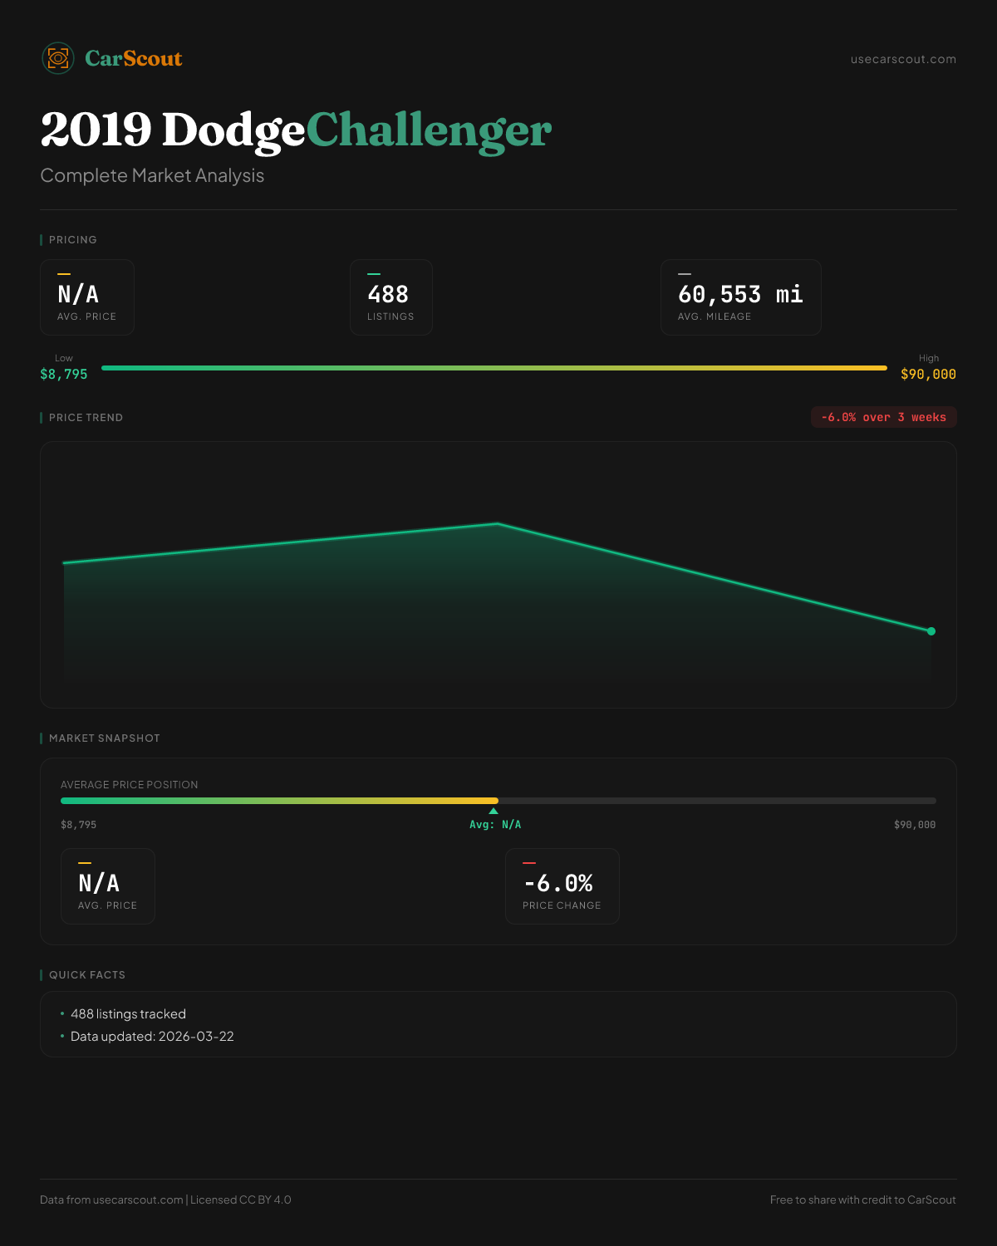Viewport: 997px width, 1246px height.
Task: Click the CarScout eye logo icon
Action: tap(58, 58)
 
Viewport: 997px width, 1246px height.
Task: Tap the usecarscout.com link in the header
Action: tap(903, 59)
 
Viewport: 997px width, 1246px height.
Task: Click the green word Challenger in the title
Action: tap(428, 130)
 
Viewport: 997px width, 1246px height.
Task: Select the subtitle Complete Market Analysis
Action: tap(152, 176)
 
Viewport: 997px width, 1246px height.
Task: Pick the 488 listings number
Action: tap(388, 295)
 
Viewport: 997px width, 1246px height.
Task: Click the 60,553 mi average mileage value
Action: tap(739, 295)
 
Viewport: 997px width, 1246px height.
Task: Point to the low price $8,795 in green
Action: tap(64, 375)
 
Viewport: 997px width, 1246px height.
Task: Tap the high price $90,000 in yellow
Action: tap(928, 375)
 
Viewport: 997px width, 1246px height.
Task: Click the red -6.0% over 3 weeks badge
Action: tap(883, 417)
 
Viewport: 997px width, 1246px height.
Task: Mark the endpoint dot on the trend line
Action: tap(931, 631)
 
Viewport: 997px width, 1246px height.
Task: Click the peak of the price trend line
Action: tap(498, 523)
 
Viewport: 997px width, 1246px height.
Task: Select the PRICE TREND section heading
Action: tap(86, 418)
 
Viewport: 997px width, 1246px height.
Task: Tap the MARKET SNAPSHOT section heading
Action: tap(104, 738)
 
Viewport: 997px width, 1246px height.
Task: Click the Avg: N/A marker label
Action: tap(495, 825)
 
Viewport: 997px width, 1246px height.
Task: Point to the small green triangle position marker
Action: tap(494, 811)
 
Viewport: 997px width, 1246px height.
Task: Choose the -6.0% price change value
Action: tap(558, 883)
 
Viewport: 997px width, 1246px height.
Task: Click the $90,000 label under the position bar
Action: tap(914, 825)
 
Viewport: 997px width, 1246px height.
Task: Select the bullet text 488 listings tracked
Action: tap(128, 1014)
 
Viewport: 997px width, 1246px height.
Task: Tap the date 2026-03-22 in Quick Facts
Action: tap(196, 1037)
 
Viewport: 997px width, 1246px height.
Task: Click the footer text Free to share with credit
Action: tap(862, 1199)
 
